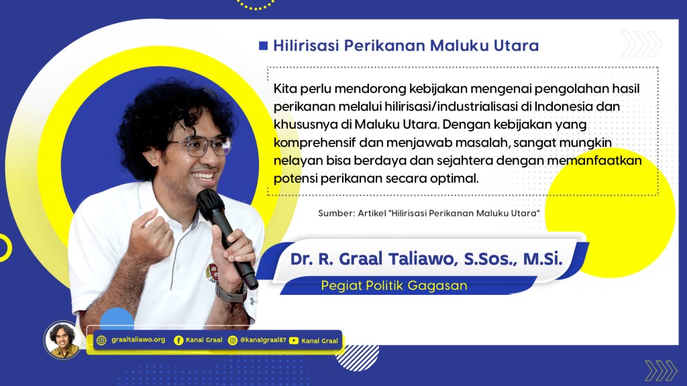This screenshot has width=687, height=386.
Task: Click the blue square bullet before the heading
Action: [263, 46]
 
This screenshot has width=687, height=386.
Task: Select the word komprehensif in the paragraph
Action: [315, 143]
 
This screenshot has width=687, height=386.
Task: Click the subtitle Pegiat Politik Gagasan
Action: [394, 285]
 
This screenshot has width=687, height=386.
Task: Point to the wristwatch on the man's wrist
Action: [231, 292]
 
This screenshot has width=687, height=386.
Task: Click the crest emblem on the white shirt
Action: [213, 273]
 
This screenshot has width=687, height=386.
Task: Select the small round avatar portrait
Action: [62, 340]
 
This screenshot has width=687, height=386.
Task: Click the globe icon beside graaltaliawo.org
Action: [101, 340]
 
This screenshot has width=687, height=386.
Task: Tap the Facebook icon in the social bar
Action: [178, 340]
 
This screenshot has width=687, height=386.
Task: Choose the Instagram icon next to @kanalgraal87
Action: [233, 340]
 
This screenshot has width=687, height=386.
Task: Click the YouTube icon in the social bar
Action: [294, 340]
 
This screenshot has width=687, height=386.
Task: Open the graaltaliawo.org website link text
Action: [138, 340]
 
